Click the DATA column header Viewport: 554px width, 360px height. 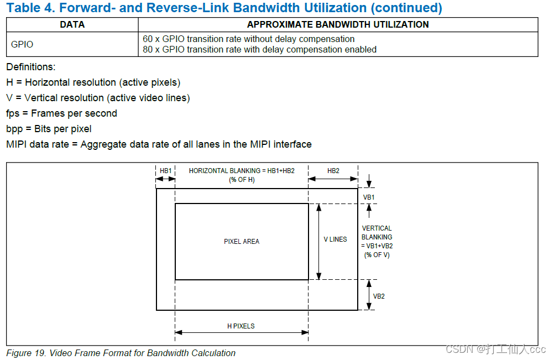pos(72,24)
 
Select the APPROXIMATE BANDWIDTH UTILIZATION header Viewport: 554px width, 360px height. pos(338,24)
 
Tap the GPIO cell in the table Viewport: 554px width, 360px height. pos(22,44)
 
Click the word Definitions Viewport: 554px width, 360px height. pos(31,67)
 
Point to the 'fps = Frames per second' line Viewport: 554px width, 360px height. pos(61,113)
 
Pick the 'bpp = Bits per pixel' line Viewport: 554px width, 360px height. pos(49,129)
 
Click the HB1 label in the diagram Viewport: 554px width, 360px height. pos(166,171)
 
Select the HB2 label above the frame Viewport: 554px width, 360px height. pos(333,171)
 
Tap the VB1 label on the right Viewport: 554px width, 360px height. pos(369,197)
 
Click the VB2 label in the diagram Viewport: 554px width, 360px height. pos(379,296)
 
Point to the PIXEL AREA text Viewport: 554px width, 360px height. pos(242,241)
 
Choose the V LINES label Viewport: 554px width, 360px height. pos(336,239)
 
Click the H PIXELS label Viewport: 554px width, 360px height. pos(241,326)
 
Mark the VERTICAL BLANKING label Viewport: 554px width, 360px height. pos(377,241)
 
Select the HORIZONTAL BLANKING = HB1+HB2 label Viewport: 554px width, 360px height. pos(242,171)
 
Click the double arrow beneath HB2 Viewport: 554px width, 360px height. pos(333,179)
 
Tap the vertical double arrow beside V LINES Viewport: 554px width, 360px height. pos(318,241)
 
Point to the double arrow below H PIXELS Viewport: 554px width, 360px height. pos(241,332)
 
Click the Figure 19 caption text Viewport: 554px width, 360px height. pos(121,353)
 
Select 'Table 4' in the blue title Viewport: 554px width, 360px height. pos(27,8)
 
